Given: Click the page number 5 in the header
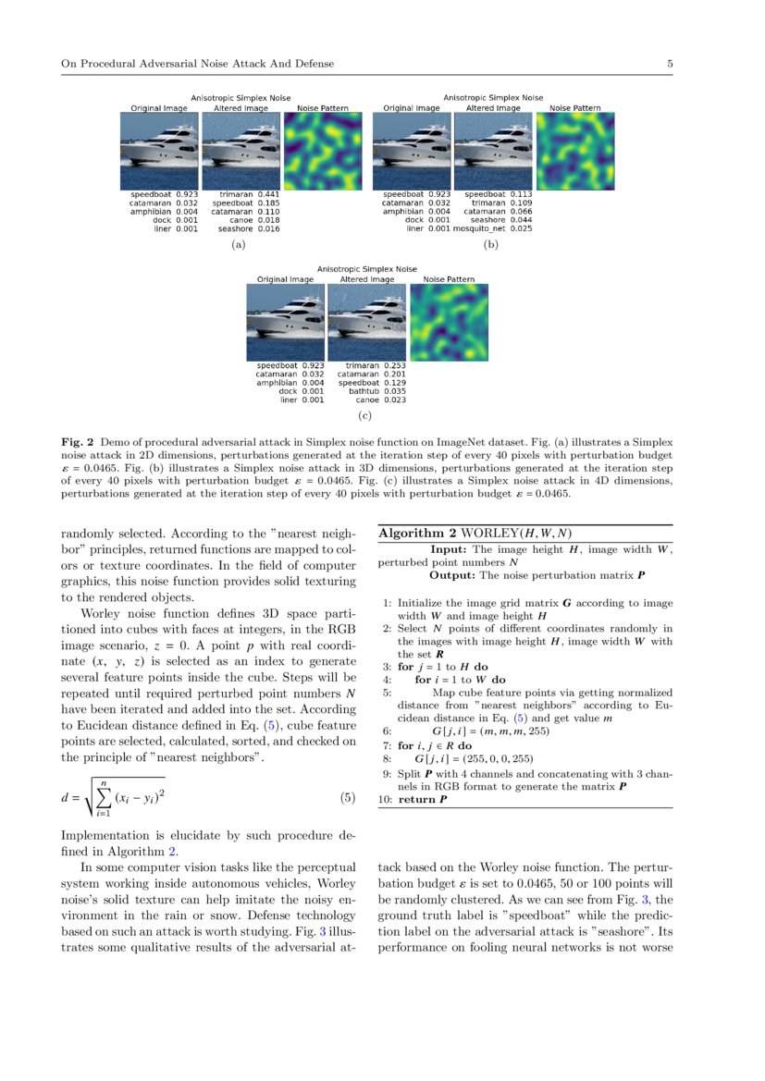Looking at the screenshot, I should click(669, 64).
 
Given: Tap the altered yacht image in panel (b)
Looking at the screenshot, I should click(493, 151).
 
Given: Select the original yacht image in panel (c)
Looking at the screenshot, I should click(285, 322).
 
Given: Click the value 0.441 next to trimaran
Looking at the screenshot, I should click(267, 195).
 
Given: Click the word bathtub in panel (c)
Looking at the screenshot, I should click(365, 391).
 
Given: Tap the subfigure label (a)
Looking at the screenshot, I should click(238, 247).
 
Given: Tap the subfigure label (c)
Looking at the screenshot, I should click(365, 418).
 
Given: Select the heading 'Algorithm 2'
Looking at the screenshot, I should click(419, 534).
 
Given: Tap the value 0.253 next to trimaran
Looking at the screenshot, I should click(394, 366).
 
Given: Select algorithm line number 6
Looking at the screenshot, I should click(387, 731).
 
